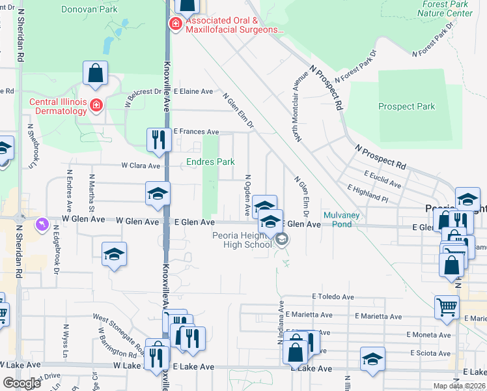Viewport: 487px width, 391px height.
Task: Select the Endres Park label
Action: click(210, 162)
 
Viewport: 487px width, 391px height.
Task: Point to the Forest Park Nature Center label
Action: click(445, 8)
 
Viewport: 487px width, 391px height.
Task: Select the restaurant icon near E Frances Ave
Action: click(158, 139)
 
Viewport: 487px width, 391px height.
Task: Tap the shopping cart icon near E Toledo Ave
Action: click(447, 306)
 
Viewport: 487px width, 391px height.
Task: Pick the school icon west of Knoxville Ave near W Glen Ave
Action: click(157, 193)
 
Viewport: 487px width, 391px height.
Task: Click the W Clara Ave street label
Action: click(141, 166)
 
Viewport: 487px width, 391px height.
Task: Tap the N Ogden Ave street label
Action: click(247, 195)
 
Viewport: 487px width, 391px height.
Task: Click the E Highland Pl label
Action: click(368, 194)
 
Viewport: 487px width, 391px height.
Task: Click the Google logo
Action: click(22, 383)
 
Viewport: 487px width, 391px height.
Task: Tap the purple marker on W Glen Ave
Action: click(43, 224)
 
